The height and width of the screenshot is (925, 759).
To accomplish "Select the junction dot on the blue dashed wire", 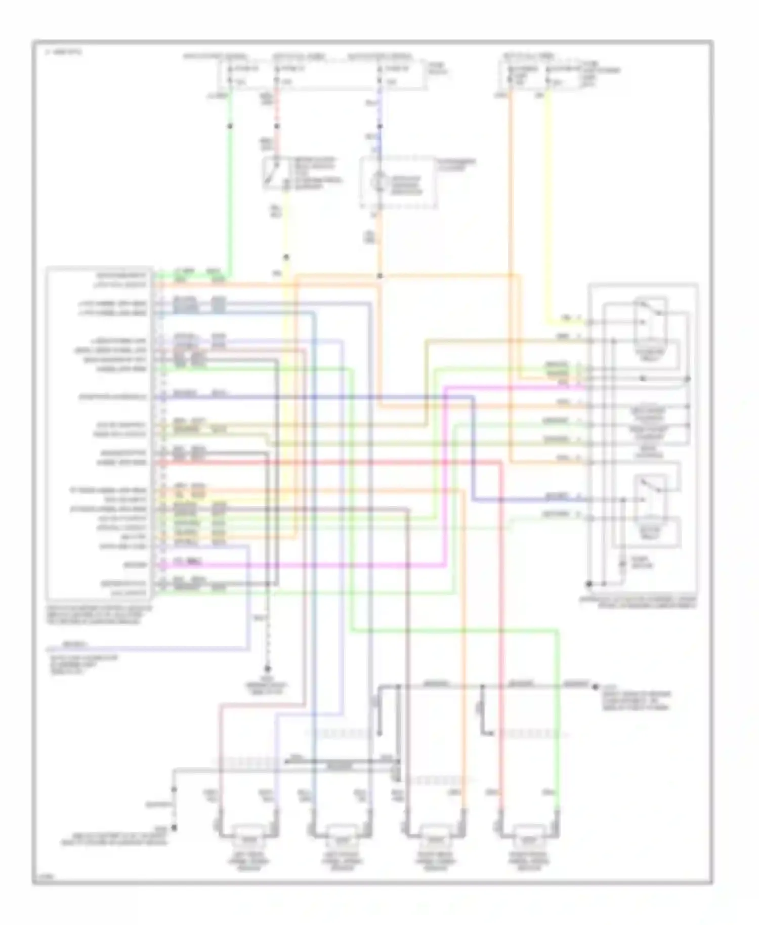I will [x=379, y=125].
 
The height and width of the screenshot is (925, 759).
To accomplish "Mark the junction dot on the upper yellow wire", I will [x=286, y=258].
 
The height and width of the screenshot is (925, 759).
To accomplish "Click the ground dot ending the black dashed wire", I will [x=268, y=669].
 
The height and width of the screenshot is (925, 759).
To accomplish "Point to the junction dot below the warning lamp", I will [x=379, y=276].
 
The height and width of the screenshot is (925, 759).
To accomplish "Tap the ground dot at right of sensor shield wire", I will [x=596, y=687].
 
